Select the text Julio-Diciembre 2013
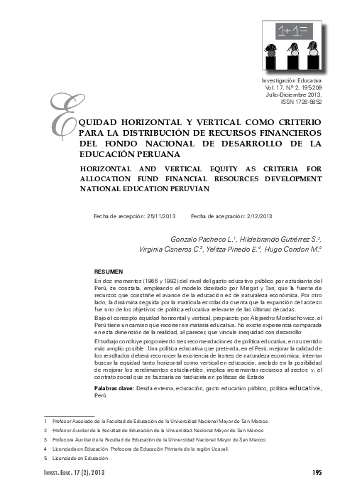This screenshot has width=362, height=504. (295, 95)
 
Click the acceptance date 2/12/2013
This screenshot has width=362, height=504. (256, 215)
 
